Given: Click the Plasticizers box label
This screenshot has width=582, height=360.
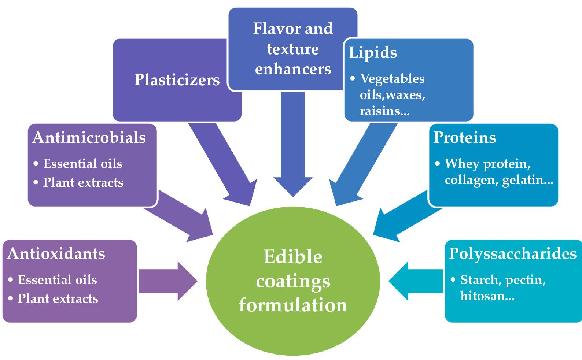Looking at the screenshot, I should coord(177,80).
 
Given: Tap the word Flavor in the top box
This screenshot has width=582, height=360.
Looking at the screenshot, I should coord(272,29).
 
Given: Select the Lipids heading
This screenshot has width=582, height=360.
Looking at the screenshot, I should coord(373,53).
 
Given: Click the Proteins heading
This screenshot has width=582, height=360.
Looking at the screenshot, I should coord(464,137).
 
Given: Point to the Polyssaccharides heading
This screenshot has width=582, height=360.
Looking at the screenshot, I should coord(512,253).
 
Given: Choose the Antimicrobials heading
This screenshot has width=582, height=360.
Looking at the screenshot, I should coord(89,138).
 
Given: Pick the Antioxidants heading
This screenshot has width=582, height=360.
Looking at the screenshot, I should coord(56,253).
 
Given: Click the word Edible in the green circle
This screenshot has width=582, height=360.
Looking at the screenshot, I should coord(293,257).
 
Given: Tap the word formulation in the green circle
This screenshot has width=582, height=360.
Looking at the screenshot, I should coord(293,305).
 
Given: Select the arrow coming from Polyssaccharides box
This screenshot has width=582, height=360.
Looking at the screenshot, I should coord(416,281).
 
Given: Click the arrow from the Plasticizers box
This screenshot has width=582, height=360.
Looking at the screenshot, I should coord(224,165).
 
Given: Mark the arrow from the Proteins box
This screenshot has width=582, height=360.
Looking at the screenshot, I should coord(403,216).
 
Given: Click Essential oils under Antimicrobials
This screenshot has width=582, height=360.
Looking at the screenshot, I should coord(82,163).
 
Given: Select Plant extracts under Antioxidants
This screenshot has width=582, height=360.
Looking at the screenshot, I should coord(58,298).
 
